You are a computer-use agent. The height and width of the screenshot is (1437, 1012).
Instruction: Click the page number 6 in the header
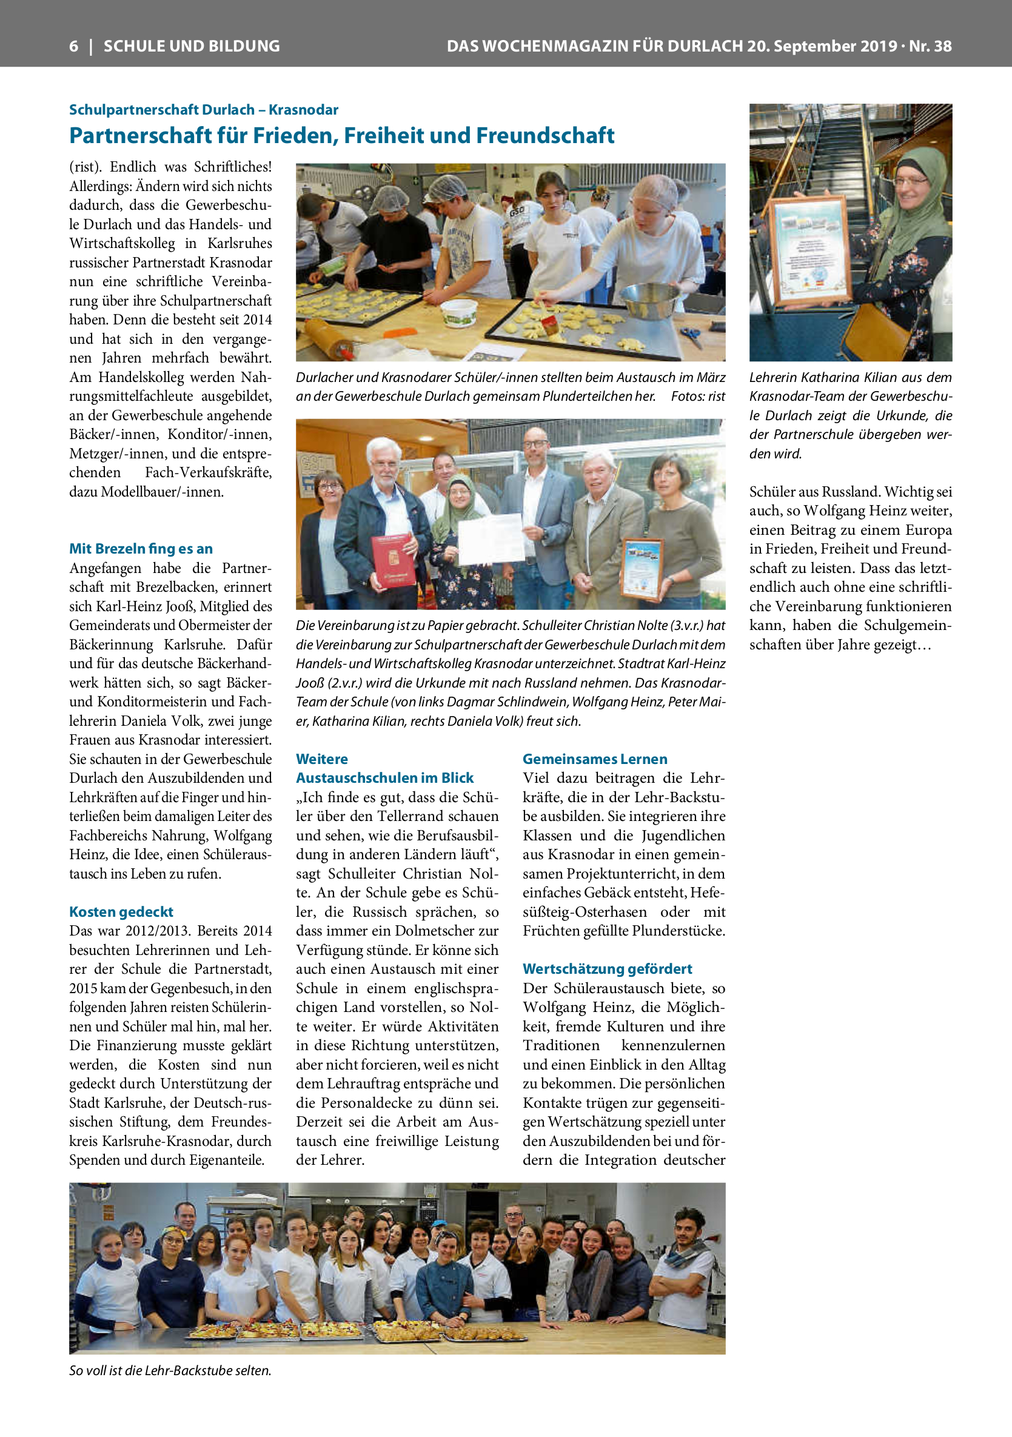pos(74,46)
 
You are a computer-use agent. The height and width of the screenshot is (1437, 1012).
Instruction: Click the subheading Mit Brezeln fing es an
pos(141,549)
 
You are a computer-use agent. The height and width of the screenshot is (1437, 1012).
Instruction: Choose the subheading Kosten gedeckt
pos(121,912)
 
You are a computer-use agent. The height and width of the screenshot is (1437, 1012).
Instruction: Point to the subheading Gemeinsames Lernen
pos(595,759)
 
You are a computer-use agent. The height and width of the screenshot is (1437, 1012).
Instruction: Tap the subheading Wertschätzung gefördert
pos(607,969)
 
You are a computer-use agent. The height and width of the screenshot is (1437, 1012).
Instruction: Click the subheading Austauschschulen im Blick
pos(384,778)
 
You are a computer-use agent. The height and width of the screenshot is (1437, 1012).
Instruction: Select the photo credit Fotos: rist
pos(698,397)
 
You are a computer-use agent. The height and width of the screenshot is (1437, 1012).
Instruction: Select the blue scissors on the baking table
pos(692,337)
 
